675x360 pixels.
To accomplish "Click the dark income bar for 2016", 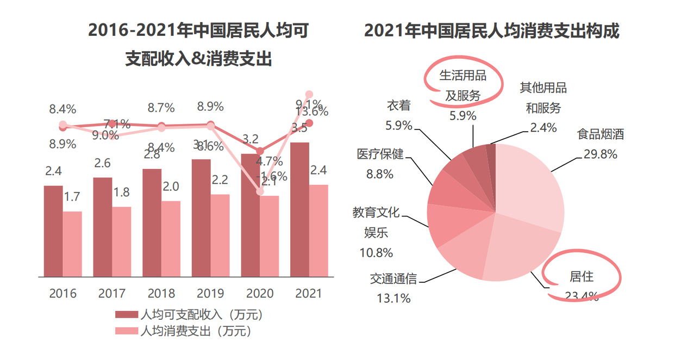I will [53, 231].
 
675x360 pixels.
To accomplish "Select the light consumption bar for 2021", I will [318, 231].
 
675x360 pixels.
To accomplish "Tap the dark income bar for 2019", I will [201, 218].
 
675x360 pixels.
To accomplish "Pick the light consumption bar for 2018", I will [171, 239].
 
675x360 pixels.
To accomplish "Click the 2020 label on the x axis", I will [260, 294].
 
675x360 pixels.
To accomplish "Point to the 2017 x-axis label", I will [112, 294].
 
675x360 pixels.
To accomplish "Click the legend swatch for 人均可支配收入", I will [126, 315].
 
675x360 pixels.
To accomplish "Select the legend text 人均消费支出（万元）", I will [195, 331].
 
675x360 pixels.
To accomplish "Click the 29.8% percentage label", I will [600, 154].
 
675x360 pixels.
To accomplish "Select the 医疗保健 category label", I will [380, 154].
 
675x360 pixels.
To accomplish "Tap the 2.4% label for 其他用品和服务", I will [543, 128].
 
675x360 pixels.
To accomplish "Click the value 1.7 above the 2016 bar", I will [72, 197].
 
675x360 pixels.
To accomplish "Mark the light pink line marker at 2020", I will [260, 191].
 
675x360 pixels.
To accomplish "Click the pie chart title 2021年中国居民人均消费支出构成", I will [491, 30].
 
